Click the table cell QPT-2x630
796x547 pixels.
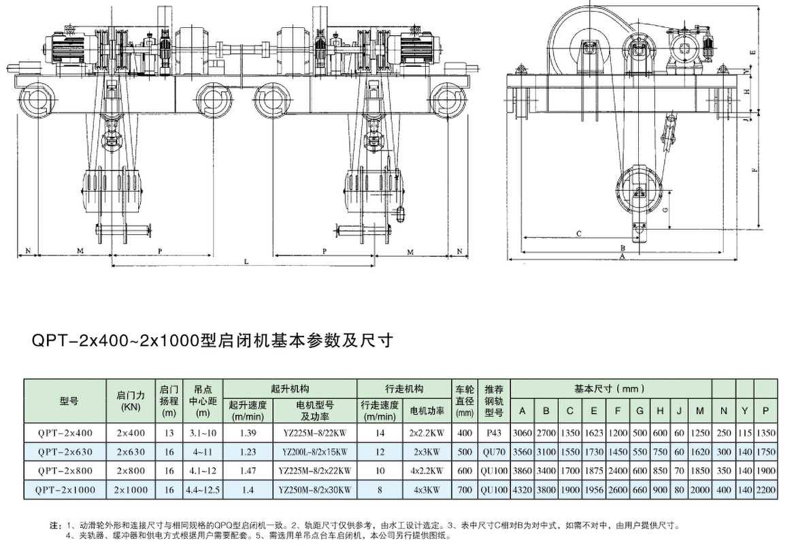pos(65,451)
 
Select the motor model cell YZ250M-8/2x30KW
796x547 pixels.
pos(316,489)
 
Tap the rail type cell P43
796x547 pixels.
pos(493,433)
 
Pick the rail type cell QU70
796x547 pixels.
pos(493,451)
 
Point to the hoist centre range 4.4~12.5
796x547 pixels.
pos(203,489)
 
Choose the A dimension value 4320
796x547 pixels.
pos(523,489)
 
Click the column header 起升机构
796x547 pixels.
pos(290,389)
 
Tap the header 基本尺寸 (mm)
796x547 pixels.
pos(609,389)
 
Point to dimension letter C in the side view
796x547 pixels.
pos(578,234)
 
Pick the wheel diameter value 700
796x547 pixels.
pos(465,489)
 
